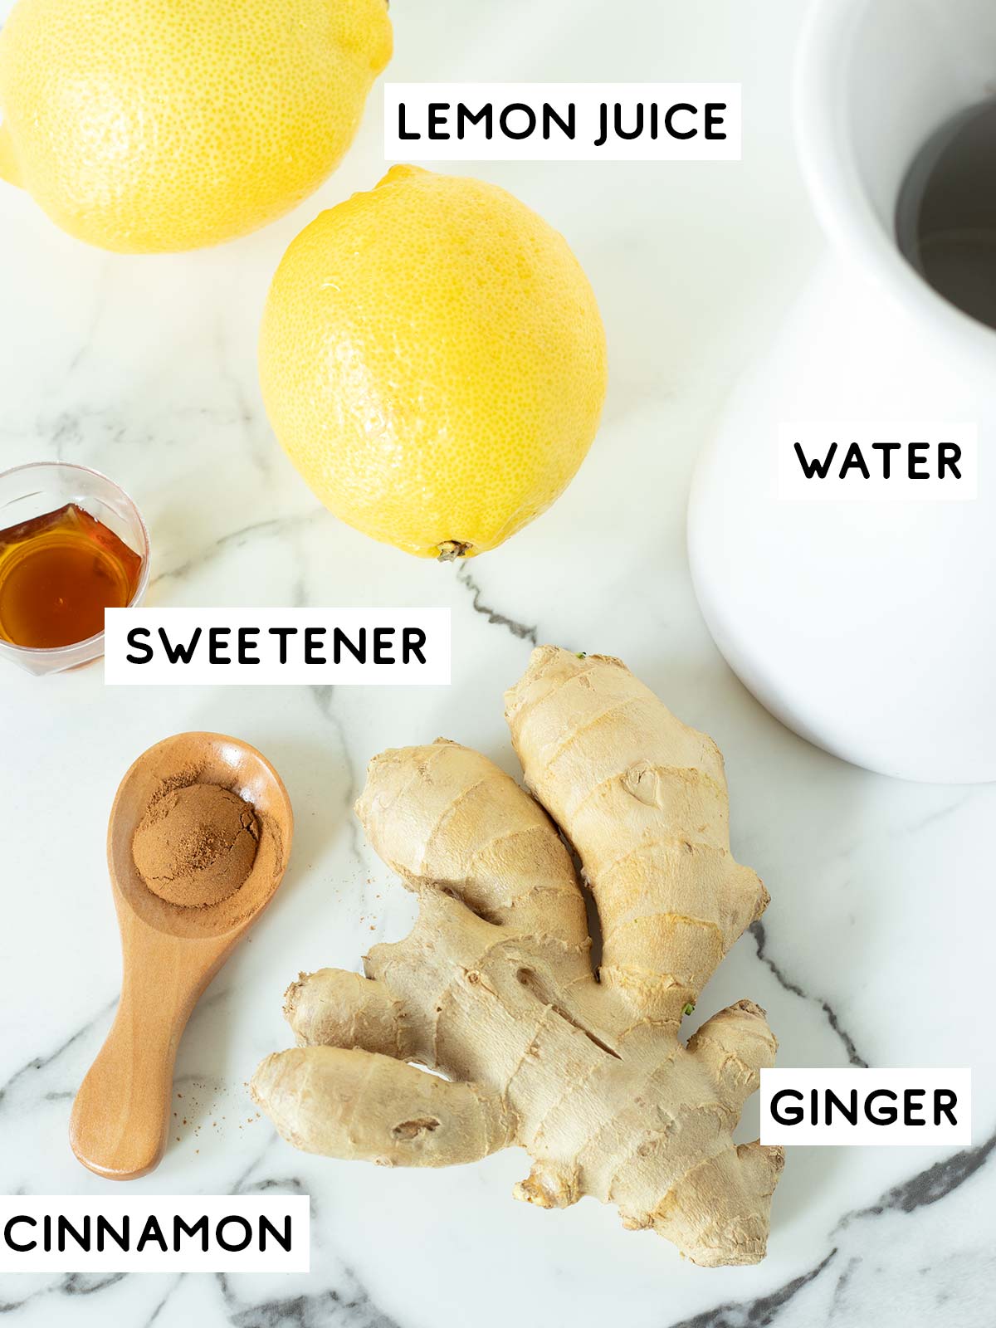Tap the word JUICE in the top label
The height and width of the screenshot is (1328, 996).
point(662,122)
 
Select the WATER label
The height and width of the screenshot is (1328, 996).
point(877,461)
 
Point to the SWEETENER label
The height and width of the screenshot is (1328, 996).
point(277,646)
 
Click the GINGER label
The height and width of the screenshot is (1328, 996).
point(864,1107)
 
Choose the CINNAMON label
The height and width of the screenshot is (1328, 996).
point(149,1233)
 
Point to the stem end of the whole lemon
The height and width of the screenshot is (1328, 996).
point(453,549)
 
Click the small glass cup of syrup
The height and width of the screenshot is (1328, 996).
point(66,564)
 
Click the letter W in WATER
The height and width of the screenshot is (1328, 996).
point(814,461)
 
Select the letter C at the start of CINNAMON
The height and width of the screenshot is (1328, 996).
point(22,1233)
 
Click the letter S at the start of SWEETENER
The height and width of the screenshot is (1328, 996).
point(141,646)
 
